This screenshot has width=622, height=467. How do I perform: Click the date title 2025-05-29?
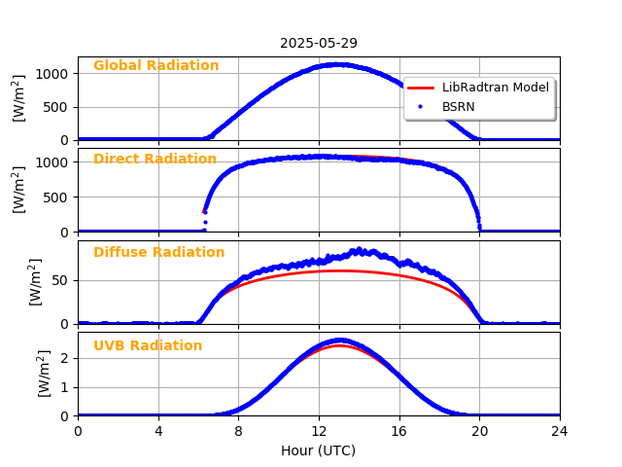[319, 44]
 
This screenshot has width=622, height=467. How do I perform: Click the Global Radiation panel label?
[155, 66]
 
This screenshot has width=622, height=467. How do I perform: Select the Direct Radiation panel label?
[155, 160]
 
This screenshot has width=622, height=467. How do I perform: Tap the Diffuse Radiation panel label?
[158, 253]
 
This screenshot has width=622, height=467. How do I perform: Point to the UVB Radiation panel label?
[148, 346]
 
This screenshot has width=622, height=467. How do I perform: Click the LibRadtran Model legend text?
[496, 88]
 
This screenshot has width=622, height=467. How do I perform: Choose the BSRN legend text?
[459, 106]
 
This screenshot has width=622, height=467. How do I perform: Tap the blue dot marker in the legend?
[421, 106]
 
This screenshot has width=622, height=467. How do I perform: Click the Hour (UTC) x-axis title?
[319, 450]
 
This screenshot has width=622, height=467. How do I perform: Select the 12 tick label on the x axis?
[319, 431]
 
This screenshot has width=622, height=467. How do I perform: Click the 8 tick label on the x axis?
[238, 431]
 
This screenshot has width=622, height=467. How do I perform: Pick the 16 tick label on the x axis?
[399, 431]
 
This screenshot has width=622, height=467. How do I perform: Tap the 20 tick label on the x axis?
[479, 431]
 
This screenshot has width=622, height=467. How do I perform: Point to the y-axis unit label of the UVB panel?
[45, 374]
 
